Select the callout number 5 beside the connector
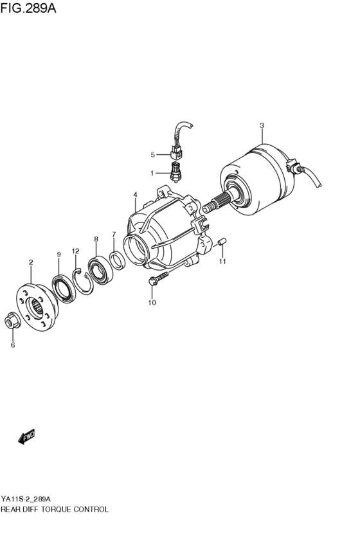coord(153,154)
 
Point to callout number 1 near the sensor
coord(153,173)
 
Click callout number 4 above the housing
coord(135,195)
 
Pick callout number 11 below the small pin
coord(223,261)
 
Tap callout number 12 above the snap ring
coord(75,251)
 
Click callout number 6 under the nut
coord(12,345)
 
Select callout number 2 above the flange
coord(30,262)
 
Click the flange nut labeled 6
coord(12,319)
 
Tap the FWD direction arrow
coord(26,438)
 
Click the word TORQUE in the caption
coord(59,508)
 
